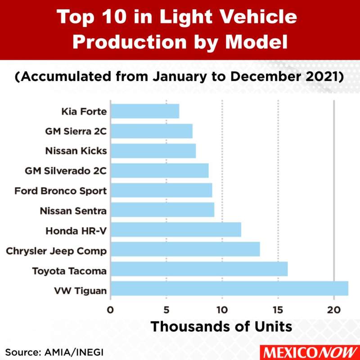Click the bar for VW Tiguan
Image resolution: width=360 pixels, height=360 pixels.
click(x=229, y=288)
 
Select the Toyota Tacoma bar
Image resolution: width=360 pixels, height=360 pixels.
click(x=199, y=269)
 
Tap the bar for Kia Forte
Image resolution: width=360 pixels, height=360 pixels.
click(x=144, y=111)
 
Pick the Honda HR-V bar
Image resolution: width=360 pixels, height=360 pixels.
click(x=175, y=229)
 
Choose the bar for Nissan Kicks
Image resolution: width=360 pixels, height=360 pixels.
click(x=153, y=151)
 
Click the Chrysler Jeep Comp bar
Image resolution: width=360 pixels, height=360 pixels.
click(x=185, y=249)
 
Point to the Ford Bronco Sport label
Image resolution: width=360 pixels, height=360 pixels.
click(x=60, y=191)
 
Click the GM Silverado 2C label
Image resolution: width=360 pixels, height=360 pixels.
click(x=66, y=171)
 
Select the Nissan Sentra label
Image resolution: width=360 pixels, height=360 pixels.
click(x=73, y=211)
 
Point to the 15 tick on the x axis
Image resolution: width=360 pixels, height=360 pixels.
click(x=278, y=310)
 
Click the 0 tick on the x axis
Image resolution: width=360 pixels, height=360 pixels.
click(x=110, y=310)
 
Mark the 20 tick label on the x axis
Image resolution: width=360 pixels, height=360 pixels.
click(x=333, y=310)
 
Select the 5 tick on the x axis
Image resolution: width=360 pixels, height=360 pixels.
click(x=166, y=310)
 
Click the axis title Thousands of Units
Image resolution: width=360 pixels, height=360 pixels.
click(x=221, y=326)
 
